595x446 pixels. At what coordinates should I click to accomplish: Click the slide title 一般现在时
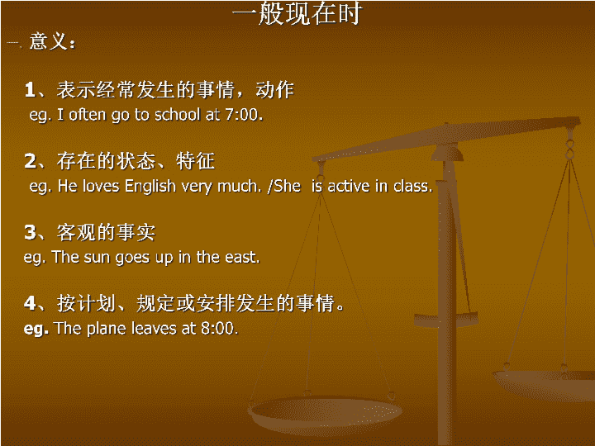(297, 14)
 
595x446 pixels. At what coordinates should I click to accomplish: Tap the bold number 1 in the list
(30, 90)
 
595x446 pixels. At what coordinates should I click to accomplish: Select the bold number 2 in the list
(30, 161)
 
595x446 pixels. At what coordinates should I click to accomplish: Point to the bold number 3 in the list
(30, 232)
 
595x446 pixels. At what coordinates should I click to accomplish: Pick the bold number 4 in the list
(30, 303)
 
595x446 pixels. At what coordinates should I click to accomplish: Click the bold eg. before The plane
(36, 330)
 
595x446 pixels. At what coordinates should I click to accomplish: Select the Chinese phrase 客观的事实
(106, 232)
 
